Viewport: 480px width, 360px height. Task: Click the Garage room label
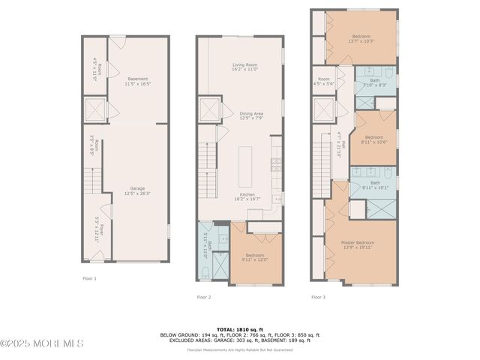(137, 190)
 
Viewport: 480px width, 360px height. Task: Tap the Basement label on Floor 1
(137, 81)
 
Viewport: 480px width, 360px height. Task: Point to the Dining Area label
(251, 116)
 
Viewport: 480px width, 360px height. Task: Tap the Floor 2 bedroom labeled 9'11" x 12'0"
(254, 257)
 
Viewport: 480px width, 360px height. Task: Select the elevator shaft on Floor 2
(208, 110)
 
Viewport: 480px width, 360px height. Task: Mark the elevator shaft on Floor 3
(323, 112)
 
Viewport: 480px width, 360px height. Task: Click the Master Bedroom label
(358, 245)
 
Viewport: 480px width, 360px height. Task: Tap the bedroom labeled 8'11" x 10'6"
(375, 140)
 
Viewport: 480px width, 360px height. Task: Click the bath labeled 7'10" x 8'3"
(374, 82)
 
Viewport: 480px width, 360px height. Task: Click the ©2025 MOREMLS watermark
(42, 343)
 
